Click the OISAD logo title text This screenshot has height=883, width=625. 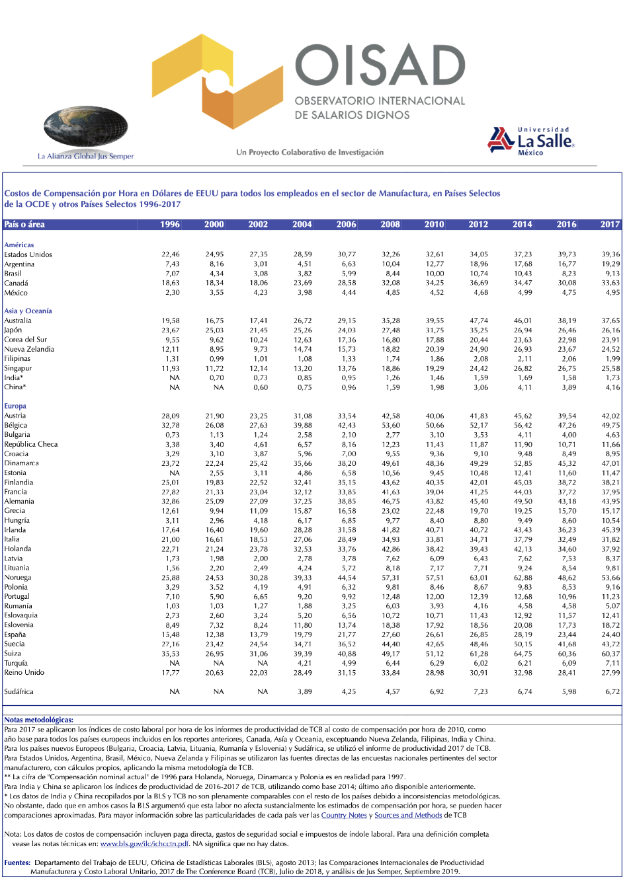point(380,67)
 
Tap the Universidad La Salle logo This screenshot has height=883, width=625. point(531,141)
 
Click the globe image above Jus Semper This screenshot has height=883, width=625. point(85,128)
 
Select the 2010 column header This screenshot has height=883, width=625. point(434,225)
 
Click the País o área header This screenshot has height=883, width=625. point(24,225)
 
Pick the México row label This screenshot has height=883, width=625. point(16,293)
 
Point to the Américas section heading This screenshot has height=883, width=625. point(19,245)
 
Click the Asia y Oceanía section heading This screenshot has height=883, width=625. point(28,311)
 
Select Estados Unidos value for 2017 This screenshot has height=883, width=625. point(610,254)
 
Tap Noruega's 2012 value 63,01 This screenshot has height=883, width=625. point(478,578)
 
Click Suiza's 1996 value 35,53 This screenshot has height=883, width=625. point(171,654)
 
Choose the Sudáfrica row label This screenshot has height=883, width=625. point(19,692)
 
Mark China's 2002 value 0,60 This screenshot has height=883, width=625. point(261,387)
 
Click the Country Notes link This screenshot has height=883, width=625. point(344,816)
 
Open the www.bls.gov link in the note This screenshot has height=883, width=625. point(144,844)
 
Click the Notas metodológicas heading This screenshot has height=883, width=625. point(38,720)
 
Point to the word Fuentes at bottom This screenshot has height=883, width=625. point(17,863)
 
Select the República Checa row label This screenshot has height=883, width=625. point(31,444)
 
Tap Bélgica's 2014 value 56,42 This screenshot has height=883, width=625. point(522,426)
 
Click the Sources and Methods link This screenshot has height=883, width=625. point(408,816)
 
